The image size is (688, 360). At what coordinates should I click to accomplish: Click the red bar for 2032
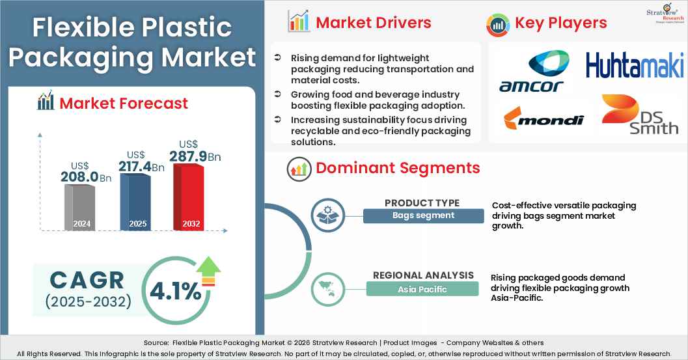click(x=188, y=197)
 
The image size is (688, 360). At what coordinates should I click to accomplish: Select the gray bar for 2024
click(x=79, y=206)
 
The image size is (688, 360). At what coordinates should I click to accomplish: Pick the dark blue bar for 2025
click(x=134, y=202)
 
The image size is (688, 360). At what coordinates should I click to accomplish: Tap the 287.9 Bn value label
click(x=195, y=156)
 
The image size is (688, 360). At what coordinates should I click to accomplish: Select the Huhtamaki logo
click(x=634, y=66)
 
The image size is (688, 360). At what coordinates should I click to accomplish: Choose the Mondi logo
click(x=544, y=119)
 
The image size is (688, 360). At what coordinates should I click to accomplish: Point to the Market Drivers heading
click(x=373, y=23)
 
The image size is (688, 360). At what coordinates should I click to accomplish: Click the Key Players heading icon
click(x=498, y=24)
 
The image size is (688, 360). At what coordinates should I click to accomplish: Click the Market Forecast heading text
click(x=123, y=103)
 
